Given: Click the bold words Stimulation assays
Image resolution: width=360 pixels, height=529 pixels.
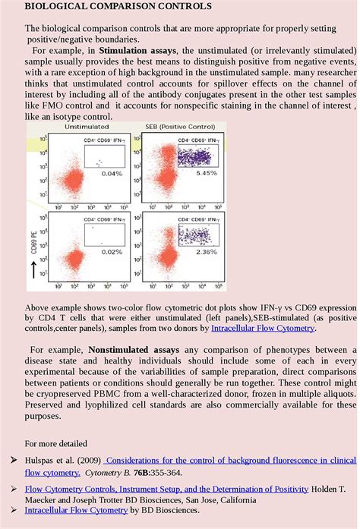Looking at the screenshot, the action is click(134, 51).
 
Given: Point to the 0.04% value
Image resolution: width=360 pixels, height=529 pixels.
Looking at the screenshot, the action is click(112, 174).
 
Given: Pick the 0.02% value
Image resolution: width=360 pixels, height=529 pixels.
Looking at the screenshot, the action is click(112, 252).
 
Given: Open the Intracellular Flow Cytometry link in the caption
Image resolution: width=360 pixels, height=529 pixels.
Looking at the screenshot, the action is click(262, 329).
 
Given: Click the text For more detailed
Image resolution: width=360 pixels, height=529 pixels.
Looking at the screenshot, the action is click(56, 443).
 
